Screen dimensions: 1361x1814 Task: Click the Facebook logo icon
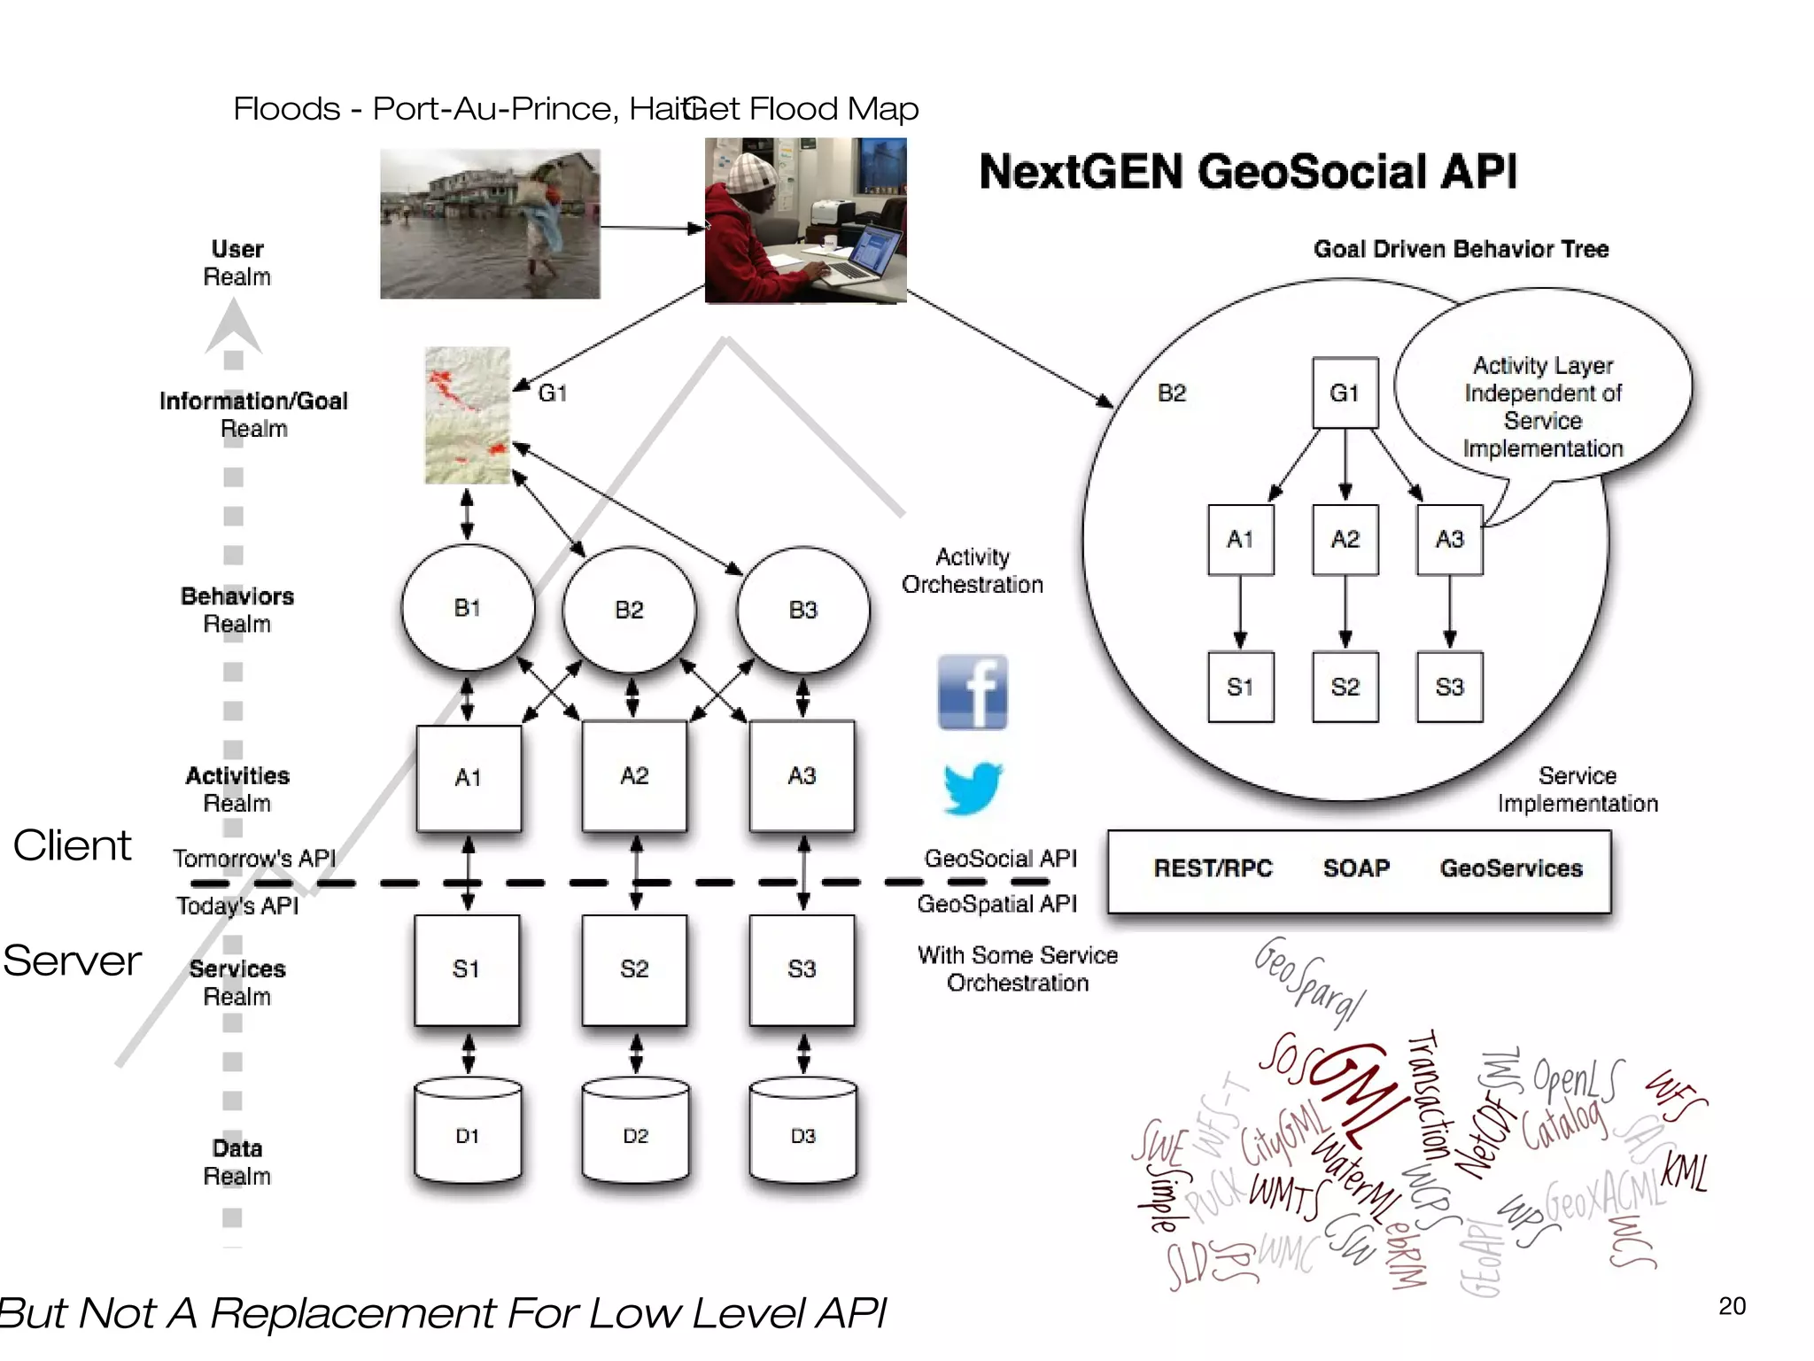(x=972, y=692)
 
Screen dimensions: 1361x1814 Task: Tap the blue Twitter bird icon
(x=972, y=788)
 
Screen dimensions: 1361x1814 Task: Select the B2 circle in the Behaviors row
(x=629, y=610)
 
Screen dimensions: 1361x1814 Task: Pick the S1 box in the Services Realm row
(x=467, y=969)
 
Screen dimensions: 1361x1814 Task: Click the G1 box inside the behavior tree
(x=1345, y=393)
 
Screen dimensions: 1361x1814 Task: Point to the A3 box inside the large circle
(x=1449, y=540)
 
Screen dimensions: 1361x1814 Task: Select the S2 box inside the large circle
(x=1345, y=687)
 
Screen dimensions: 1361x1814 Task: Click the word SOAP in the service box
(x=1356, y=868)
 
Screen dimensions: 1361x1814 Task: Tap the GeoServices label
(x=1511, y=868)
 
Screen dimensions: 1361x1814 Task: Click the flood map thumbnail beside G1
(x=468, y=416)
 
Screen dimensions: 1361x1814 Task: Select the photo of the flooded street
(x=490, y=223)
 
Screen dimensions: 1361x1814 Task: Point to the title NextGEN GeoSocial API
(x=1247, y=172)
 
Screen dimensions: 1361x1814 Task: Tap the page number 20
(x=1732, y=1306)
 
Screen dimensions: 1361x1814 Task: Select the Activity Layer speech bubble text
(x=1542, y=407)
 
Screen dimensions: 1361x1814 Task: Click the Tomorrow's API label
(x=254, y=859)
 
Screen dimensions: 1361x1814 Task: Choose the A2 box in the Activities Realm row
(x=634, y=776)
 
